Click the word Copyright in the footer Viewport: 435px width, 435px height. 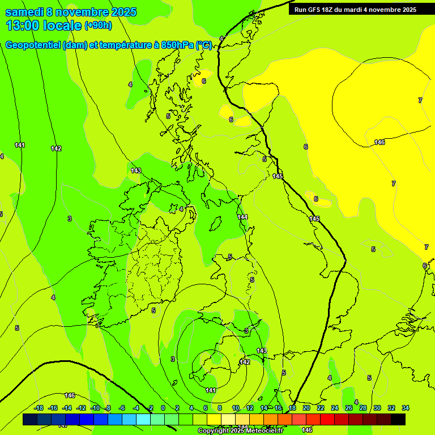pyautogui.click(x=213, y=431)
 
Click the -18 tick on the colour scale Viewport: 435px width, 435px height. pyautogui.click(x=39, y=408)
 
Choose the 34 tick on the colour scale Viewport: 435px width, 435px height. pyautogui.click(x=406, y=408)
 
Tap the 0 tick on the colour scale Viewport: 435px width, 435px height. pyautogui.click(x=163, y=408)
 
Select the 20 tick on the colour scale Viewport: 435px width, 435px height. pyautogui.click(x=306, y=408)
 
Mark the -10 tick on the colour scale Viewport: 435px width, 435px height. pyautogui.click(x=95, y=408)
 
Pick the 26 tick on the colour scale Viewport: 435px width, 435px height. pyautogui.click(x=349, y=408)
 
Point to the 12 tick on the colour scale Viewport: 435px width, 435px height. pyautogui.click(x=250, y=408)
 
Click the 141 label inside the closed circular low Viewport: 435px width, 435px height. pyautogui.click(x=211, y=390)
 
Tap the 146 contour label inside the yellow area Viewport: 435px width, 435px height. pyautogui.click(x=379, y=142)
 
